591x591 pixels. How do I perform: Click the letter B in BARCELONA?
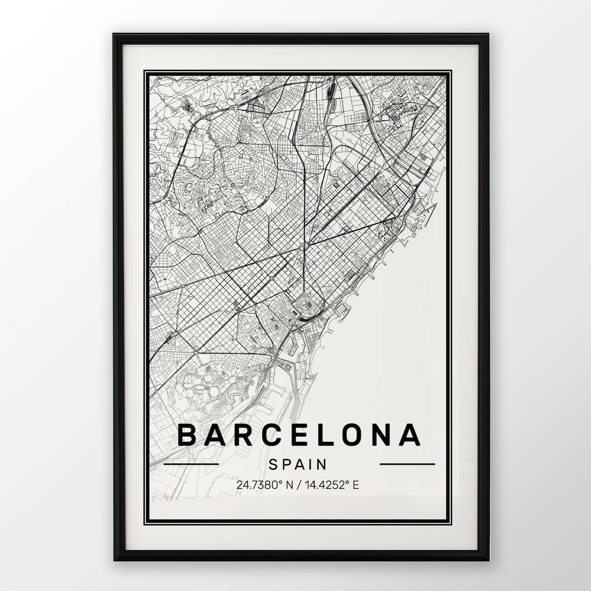tap(188, 435)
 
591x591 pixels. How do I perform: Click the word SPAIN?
tap(298, 464)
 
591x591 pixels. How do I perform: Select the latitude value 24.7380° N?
tap(265, 486)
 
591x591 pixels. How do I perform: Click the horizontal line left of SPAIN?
tap(191, 464)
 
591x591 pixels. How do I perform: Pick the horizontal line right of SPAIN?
tap(407, 464)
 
